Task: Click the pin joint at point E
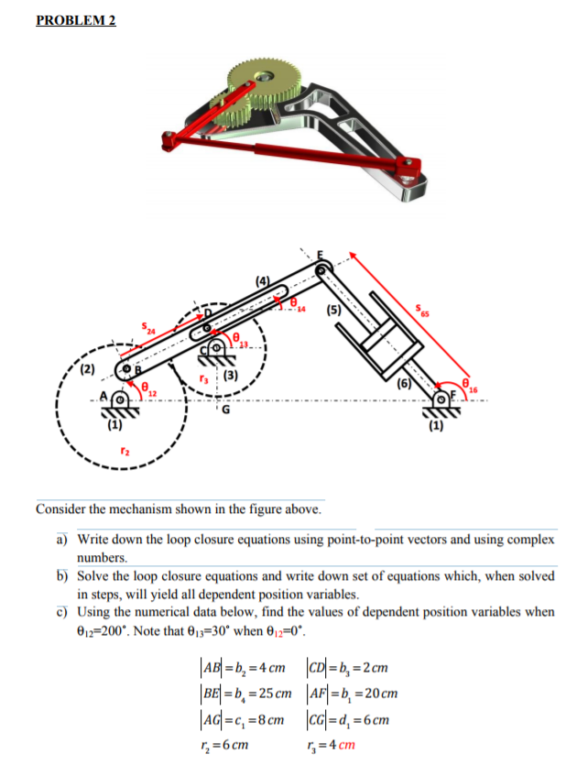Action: (323, 268)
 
